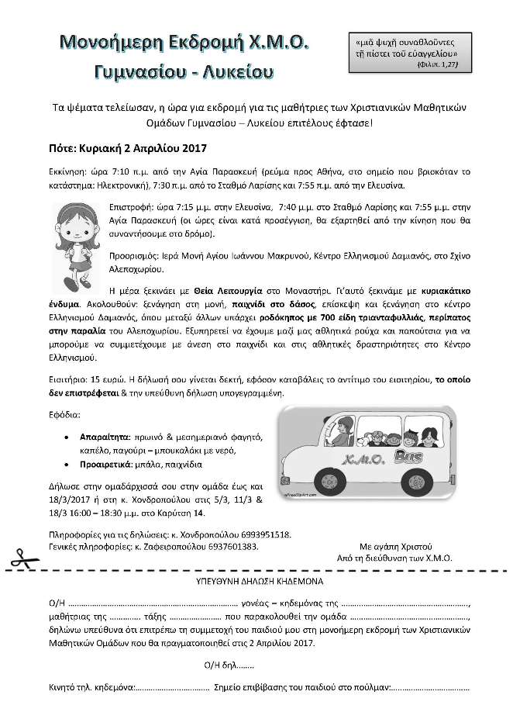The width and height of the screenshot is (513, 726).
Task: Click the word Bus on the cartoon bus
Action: (x=405, y=456)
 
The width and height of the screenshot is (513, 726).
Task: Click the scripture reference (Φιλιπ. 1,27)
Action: (x=437, y=66)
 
